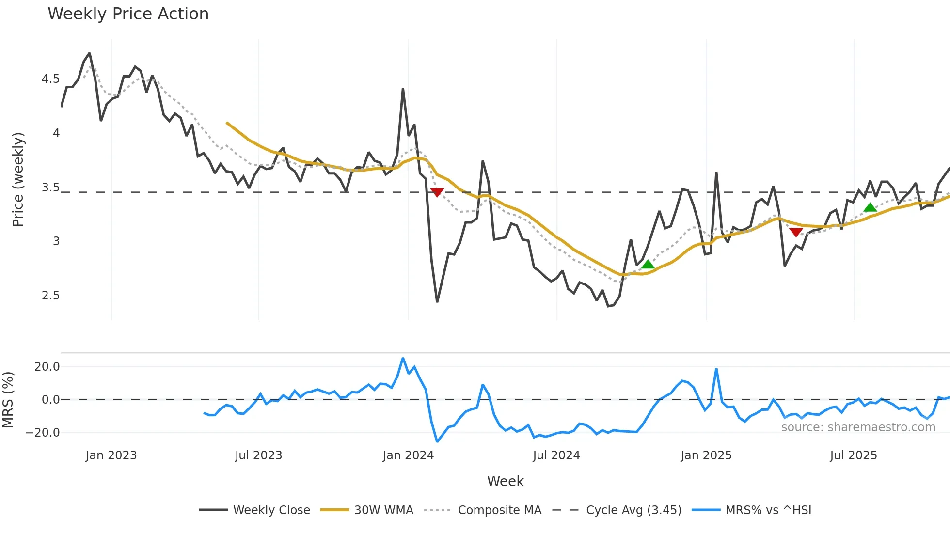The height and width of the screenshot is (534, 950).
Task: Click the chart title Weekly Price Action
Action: [x=128, y=14]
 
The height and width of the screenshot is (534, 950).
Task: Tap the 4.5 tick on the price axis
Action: [x=50, y=79]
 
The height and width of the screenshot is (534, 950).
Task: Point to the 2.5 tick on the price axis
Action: [x=50, y=296]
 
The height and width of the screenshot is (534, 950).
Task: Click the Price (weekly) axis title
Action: [x=18, y=179]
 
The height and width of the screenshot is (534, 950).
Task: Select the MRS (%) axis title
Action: [x=8, y=400]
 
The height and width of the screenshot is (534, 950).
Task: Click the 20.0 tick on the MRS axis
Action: [x=47, y=367]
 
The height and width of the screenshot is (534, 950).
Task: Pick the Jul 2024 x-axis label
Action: [x=556, y=455]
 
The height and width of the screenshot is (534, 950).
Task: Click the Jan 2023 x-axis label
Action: [x=111, y=455]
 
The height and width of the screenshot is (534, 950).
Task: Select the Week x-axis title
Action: [x=505, y=481]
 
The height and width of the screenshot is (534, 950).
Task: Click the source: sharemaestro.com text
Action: [x=858, y=427]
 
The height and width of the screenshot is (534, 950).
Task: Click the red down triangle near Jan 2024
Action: [x=437, y=192]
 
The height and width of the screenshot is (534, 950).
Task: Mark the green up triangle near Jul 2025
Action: [x=870, y=208]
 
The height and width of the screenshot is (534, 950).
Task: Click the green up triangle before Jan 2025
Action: [x=648, y=265]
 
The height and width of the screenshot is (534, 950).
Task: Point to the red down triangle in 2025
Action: [x=796, y=233]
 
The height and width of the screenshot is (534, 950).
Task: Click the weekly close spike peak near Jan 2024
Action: [x=403, y=89]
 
